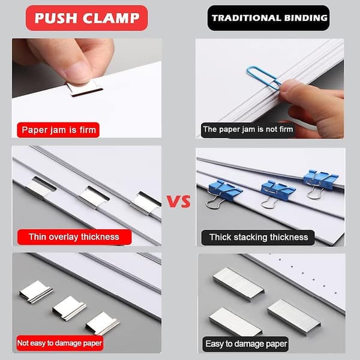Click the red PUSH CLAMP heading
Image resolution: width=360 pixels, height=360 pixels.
[x=86, y=18]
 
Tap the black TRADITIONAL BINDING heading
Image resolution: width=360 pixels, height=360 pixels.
[x=268, y=18]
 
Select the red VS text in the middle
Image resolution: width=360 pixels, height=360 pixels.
[x=179, y=202]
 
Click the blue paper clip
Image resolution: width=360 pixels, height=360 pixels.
[x=264, y=78]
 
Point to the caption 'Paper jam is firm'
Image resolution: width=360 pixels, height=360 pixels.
[x=58, y=130]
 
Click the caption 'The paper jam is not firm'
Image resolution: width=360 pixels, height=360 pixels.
[x=248, y=129]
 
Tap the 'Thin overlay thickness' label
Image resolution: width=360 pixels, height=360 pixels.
[x=74, y=237]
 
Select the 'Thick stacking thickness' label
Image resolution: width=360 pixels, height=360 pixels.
[x=258, y=238]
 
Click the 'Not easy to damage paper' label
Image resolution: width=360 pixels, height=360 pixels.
[x=59, y=343]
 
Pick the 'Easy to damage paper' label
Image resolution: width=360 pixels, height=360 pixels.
[x=245, y=344]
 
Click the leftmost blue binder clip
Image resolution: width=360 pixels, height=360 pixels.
[x=223, y=193]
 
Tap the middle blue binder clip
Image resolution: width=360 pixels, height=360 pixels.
[x=277, y=192]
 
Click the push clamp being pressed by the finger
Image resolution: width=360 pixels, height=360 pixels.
[x=85, y=88]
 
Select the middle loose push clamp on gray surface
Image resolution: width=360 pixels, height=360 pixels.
[x=69, y=308]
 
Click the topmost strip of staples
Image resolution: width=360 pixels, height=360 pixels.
[x=239, y=284]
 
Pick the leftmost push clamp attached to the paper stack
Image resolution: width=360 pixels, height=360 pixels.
[x=40, y=188]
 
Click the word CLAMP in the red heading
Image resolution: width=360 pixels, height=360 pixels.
[x=111, y=18]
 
